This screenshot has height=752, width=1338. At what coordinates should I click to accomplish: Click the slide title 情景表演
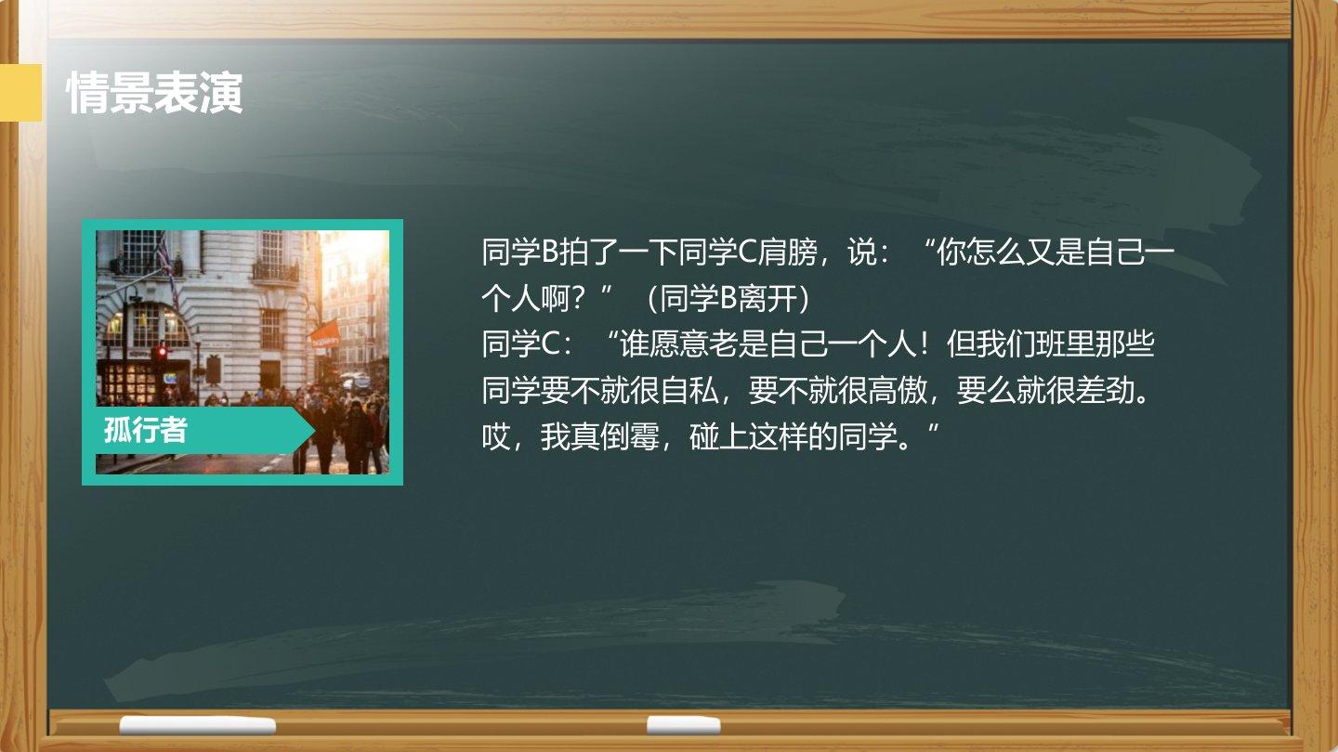[154, 93]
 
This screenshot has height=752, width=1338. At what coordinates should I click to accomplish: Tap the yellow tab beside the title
[20, 93]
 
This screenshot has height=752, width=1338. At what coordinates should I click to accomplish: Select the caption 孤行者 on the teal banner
[145, 430]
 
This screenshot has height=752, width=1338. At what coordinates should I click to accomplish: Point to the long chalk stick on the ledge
[198, 725]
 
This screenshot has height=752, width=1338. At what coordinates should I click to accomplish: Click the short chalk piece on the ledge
[683, 724]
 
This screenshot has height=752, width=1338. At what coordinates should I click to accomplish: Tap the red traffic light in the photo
[162, 352]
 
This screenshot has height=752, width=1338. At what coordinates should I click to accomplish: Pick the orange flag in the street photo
[324, 333]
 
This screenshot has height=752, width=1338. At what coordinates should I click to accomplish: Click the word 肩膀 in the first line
[788, 252]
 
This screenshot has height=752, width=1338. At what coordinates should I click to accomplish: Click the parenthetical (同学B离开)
[728, 298]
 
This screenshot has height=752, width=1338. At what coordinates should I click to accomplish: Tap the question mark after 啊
[578, 298]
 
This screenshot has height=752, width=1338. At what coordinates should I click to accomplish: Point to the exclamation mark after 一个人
[924, 344]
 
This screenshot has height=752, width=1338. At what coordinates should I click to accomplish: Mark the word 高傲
[898, 391]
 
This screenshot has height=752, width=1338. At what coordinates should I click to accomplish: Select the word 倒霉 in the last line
[630, 437]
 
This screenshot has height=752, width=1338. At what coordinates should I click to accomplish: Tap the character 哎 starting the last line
[496, 437]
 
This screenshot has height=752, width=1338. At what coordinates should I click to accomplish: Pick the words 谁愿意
[663, 344]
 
